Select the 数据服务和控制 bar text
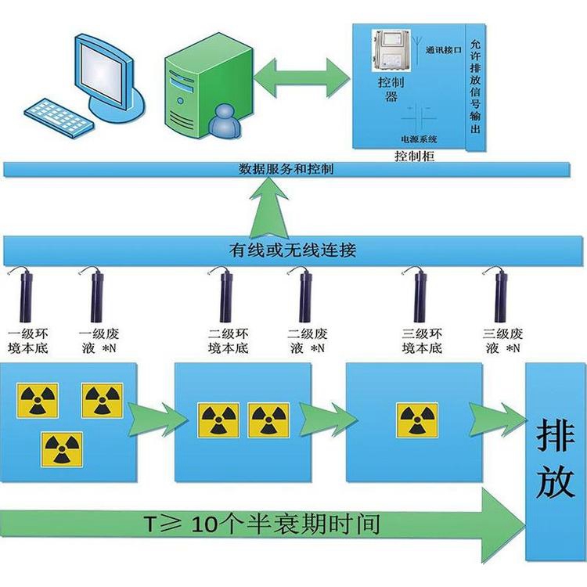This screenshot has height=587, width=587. [286, 169]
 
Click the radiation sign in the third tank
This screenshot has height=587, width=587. [417, 420]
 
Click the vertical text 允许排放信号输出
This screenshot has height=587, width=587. [477, 86]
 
